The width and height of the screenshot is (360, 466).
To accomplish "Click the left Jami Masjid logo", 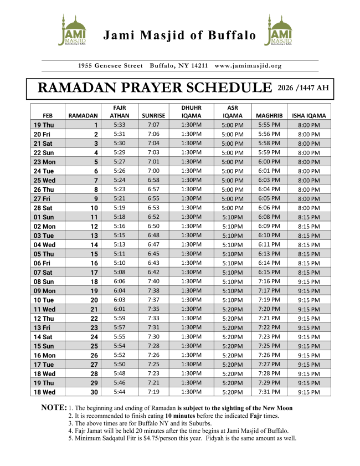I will click(72, 31).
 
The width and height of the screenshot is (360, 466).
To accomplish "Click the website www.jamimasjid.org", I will click(248, 65).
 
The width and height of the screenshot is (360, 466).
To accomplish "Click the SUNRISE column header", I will click(153, 116).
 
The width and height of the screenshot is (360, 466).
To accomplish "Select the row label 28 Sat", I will click(43, 207).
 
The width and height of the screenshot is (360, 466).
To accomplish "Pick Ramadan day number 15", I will click(95, 253).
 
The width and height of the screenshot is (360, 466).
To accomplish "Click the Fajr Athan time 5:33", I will click(119, 125).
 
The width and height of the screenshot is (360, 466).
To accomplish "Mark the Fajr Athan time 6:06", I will click(119, 281).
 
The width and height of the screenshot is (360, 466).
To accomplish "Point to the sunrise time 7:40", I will click(153, 281).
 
